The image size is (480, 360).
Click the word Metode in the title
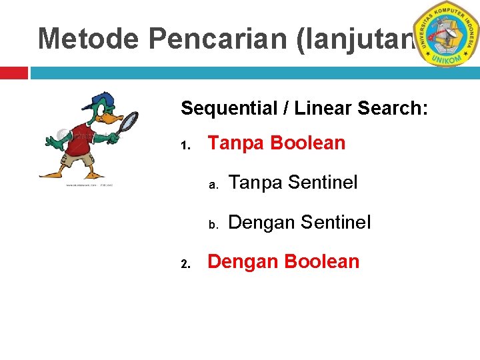coord(89,39)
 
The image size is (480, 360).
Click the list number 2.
coord(187,264)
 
